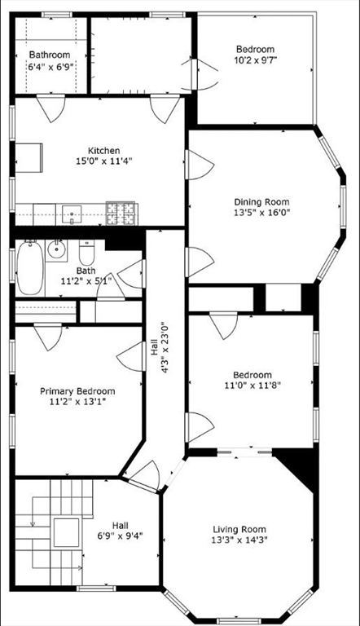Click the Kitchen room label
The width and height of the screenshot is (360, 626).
(104, 151)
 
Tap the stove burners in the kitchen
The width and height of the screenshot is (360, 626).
(121, 214)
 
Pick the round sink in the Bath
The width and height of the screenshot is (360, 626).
(57, 249)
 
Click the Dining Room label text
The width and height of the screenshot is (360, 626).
(261, 202)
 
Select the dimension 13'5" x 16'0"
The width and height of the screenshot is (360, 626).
(261, 213)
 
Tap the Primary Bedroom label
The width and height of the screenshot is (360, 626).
(77, 391)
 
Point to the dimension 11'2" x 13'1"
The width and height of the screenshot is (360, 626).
(77, 402)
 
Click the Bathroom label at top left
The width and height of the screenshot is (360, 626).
(50, 55)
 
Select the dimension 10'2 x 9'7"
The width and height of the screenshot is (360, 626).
(255, 60)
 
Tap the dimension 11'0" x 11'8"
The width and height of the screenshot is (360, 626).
(251, 386)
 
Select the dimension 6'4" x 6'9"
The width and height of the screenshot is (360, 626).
(50, 66)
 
